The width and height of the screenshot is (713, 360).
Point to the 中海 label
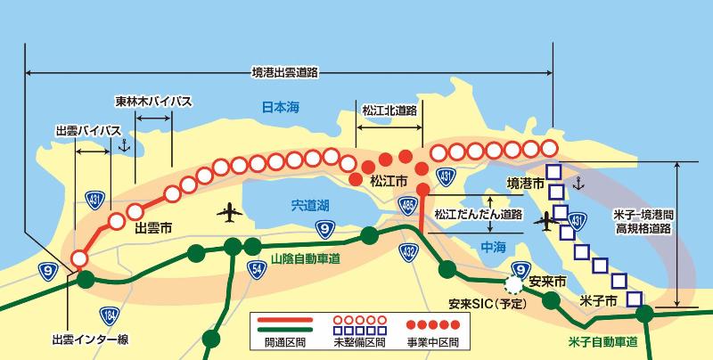point(493,245)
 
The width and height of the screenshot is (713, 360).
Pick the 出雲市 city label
point(152,229)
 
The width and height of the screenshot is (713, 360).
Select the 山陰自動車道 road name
point(306,260)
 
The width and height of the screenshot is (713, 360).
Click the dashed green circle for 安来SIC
point(512,286)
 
